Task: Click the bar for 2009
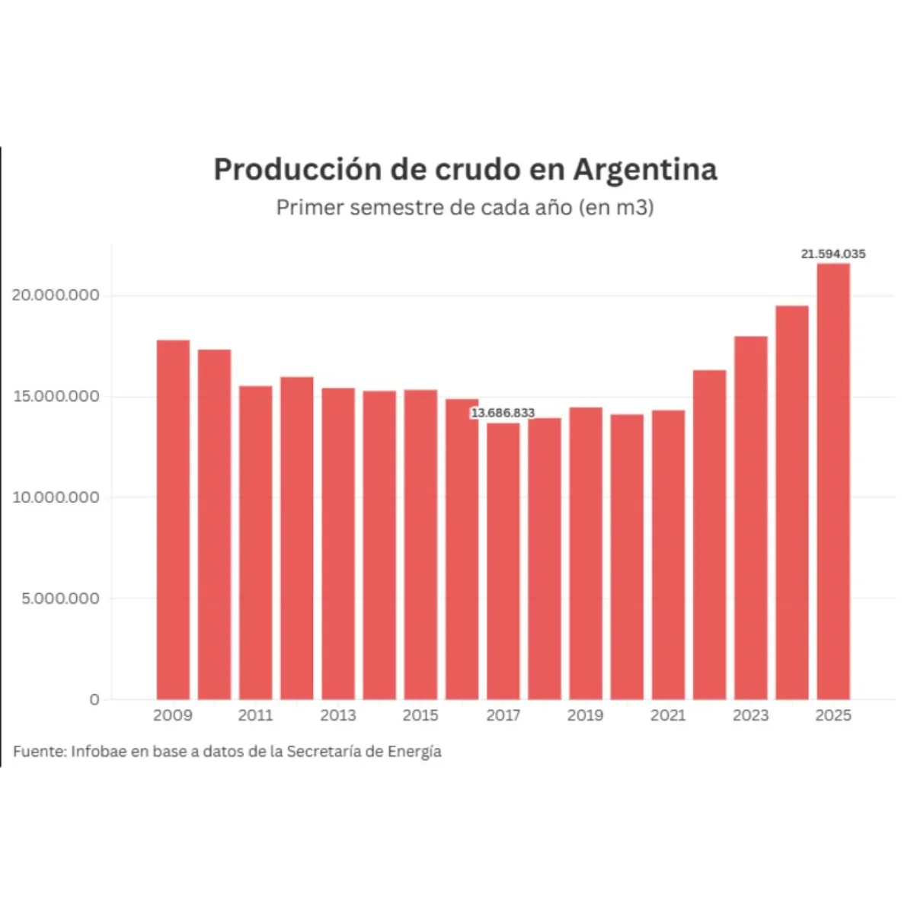point(173,519)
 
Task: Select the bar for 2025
point(833,481)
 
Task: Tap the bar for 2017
point(503,561)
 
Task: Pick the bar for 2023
point(750,518)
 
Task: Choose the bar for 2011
point(255,542)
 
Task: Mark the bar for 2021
point(668,554)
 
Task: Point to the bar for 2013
point(338,544)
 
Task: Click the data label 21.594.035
point(833,254)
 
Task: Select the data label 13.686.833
point(503,413)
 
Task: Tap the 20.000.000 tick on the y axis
point(56,296)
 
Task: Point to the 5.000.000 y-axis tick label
point(60,599)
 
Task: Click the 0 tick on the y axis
point(94,699)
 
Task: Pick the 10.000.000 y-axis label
point(56,497)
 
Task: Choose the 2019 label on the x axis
point(585,715)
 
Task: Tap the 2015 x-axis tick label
point(420,715)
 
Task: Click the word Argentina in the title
point(645,169)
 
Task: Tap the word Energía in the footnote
point(414,752)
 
